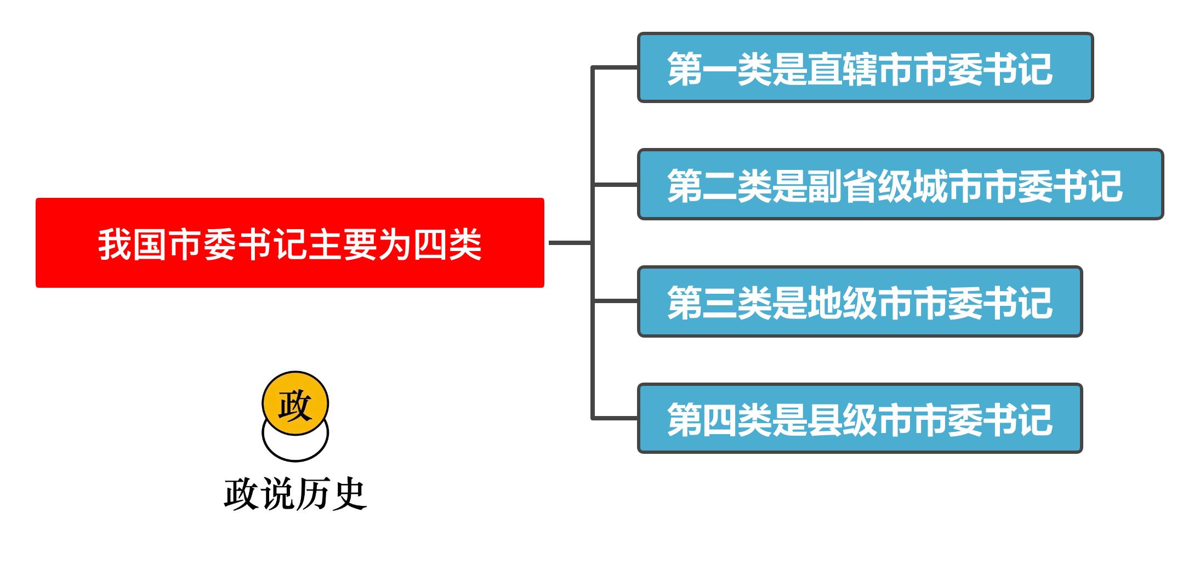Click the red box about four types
[289, 243]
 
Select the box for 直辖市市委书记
[865, 67]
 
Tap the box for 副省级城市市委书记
[900, 184]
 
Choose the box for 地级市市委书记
[859, 301]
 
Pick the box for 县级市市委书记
[859, 419]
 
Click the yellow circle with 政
[295, 404]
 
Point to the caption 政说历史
[295, 494]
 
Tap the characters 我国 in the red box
[133, 244]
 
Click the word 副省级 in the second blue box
[860, 186]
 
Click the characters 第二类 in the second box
[719, 186]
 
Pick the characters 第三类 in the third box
[719, 303]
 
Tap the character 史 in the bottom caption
[349, 494]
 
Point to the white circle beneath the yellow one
[295, 447]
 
